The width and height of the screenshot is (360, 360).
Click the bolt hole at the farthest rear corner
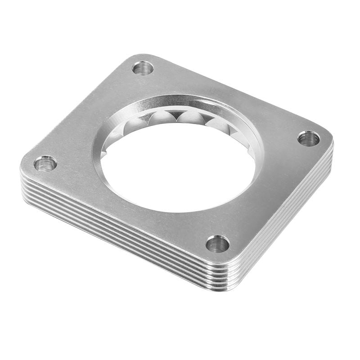pos(143,68)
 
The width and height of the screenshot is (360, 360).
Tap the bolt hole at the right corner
pos(309,139)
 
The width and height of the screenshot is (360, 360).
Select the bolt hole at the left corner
pos(45,163)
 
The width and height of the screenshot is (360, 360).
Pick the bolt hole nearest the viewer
pos(218,244)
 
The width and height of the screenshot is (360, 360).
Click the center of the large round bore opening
pos(178,166)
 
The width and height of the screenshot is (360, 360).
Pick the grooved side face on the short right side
pos(288,216)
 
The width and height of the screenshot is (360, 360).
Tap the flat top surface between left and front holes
pos(126,207)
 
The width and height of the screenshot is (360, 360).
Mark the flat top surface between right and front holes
pos(270,193)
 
